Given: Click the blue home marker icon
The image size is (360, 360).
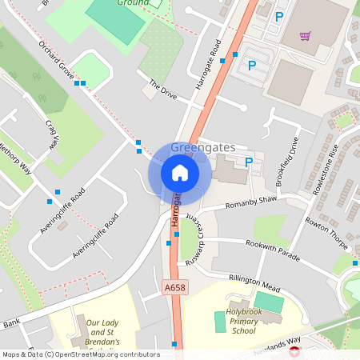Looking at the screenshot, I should [x=180, y=172].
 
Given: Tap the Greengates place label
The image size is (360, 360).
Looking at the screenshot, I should [x=202, y=147].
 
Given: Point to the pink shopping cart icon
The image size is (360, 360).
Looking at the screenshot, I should [x=305, y=36].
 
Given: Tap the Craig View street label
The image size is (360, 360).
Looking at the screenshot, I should [x=52, y=134].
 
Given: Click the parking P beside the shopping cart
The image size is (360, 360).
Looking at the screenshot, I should [x=278, y=16].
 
